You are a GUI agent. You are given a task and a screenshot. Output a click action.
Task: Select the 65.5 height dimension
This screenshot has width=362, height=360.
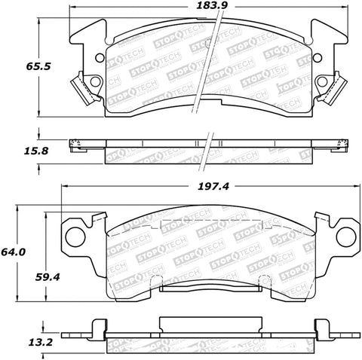(x=17, y=66)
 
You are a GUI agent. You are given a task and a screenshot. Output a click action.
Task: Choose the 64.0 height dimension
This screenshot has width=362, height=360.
(x=15, y=252)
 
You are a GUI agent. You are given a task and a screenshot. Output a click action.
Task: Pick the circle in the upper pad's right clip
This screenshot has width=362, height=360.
(x=324, y=83)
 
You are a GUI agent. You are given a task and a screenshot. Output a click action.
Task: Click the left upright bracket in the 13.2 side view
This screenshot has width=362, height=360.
(x=97, y=326)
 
